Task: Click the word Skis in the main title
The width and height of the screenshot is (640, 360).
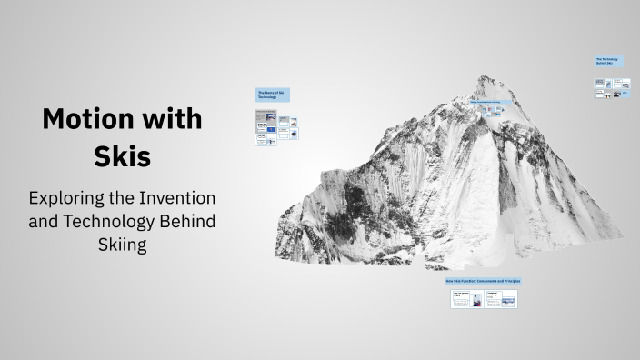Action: tap(122, 155)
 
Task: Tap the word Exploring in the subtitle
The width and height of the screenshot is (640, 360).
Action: tap(69, 197)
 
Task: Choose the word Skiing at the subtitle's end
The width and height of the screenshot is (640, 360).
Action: tap(122, 245)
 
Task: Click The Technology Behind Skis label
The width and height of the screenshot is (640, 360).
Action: tap(608, 62)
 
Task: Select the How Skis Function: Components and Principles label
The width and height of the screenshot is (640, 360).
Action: tap(483, 281)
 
